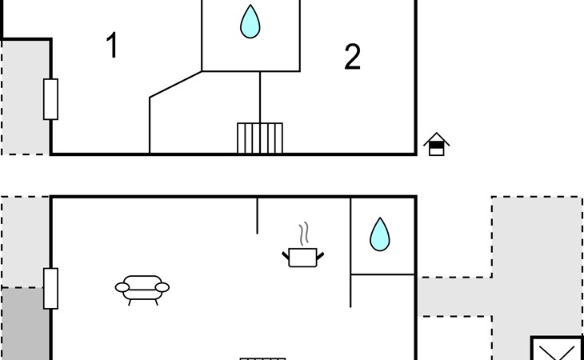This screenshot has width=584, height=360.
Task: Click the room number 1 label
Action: pyautogui.click(x=112, y=45)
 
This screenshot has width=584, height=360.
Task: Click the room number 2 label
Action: pyautogui.click(x=352, y=57)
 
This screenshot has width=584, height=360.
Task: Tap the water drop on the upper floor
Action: pyautogui.click(x=250, y=22)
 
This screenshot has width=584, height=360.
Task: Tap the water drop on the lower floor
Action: pyautogui.click(x=380, y=234)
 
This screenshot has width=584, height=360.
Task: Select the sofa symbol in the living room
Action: pyautogui.click(x=142, y=290)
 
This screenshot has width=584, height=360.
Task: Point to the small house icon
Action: pyautogui.click(x=437, y=144)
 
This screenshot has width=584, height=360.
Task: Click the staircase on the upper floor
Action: pyautogui.click(x=260, y=138)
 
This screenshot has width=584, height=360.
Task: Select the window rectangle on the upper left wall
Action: pyautogui.click(x=50, y=99)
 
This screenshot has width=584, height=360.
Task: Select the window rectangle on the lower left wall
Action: pyautogui.click(x=50, y=289)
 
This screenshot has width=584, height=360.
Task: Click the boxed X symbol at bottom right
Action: pyautogui.click(x=557, y=349)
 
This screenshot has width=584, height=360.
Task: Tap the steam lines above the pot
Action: pyautogui.click(x=304, y=234)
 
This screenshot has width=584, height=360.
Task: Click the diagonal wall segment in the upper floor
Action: pyautogui.click(x=175, y=85)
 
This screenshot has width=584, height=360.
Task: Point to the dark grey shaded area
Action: pyautogui.click(x=25, y=323)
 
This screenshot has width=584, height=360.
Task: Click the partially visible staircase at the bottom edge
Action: pyautogui.click(x=262, y=359)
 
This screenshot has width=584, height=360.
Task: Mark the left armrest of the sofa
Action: pyautogui.click(x=122, y=287)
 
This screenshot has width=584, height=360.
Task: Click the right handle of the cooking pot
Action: pyautogui.click(x=320, y=256)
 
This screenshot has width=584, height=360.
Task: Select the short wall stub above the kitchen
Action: pyautogui.click(x=257, y=216)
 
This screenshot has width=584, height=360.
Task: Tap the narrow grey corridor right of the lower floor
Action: pyautogui.click(x=454, y=297)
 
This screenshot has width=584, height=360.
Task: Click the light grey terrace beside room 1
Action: pyautogui.click(x=26, y=97)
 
